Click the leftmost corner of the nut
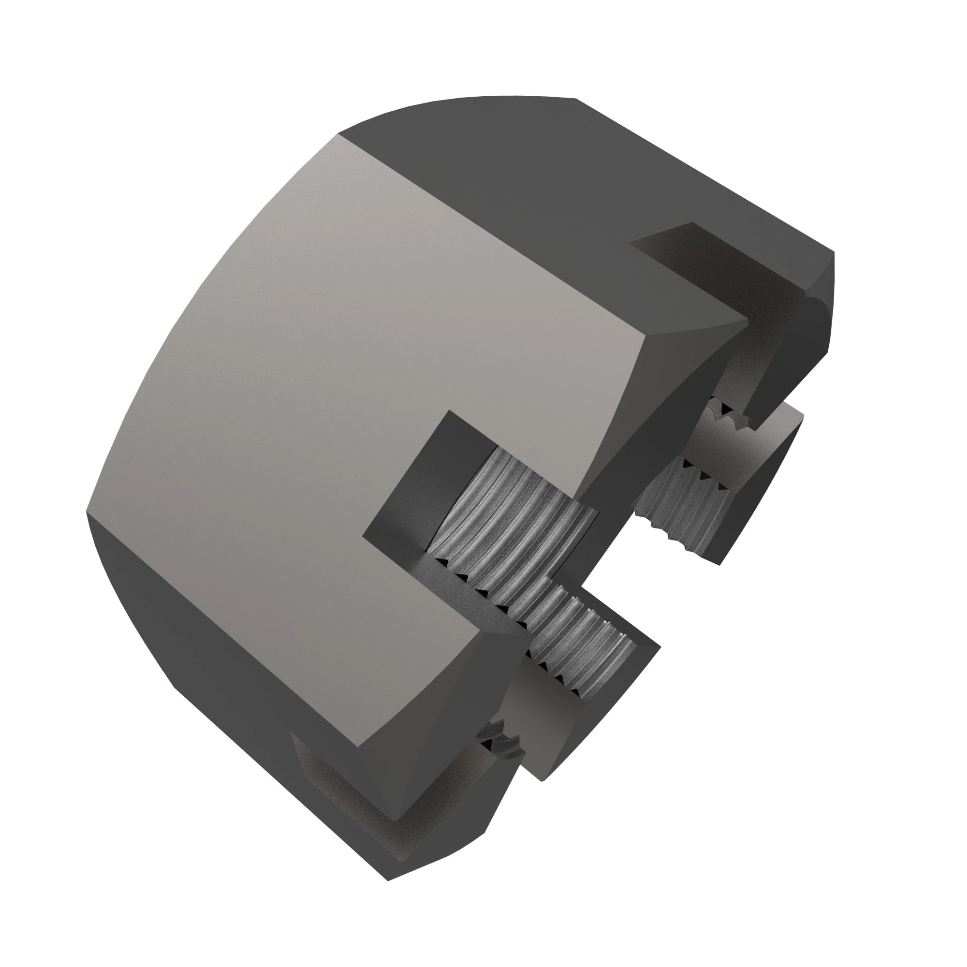(87, 512)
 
